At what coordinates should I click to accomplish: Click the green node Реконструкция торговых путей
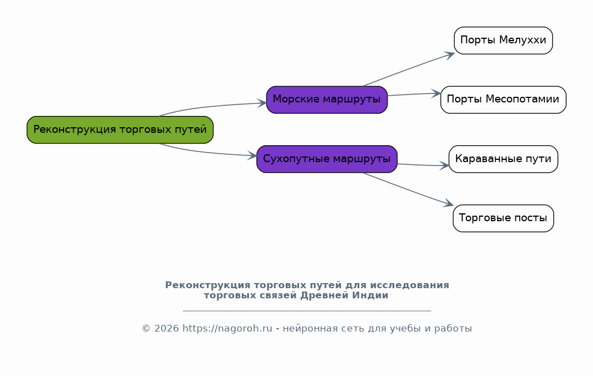pos(120,129)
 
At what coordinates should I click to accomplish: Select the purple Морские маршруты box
pos(327,100)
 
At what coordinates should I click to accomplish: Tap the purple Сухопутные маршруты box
pos(327,159)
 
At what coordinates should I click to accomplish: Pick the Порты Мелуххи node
pos(503,41)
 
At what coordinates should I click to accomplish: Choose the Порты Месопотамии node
pos(503,100)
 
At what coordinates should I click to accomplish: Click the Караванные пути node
pos(503,159)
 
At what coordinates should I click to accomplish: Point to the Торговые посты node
pos(503,218)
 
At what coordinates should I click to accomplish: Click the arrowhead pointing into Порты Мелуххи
pos(449,56)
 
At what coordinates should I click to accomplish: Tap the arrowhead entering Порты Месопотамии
pos(436,93)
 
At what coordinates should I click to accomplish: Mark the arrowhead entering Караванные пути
pos(444,165)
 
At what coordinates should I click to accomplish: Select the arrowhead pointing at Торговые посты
pos(448,203)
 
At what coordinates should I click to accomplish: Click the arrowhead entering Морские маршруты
pos(262,103)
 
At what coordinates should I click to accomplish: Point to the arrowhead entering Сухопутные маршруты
pos(252,155)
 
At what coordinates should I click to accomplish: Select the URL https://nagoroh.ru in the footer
pos(228,328)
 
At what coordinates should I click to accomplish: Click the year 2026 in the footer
pos(166,328)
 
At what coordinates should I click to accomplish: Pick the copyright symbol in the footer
pos(146,328)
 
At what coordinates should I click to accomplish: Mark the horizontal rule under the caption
pos(307,311)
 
